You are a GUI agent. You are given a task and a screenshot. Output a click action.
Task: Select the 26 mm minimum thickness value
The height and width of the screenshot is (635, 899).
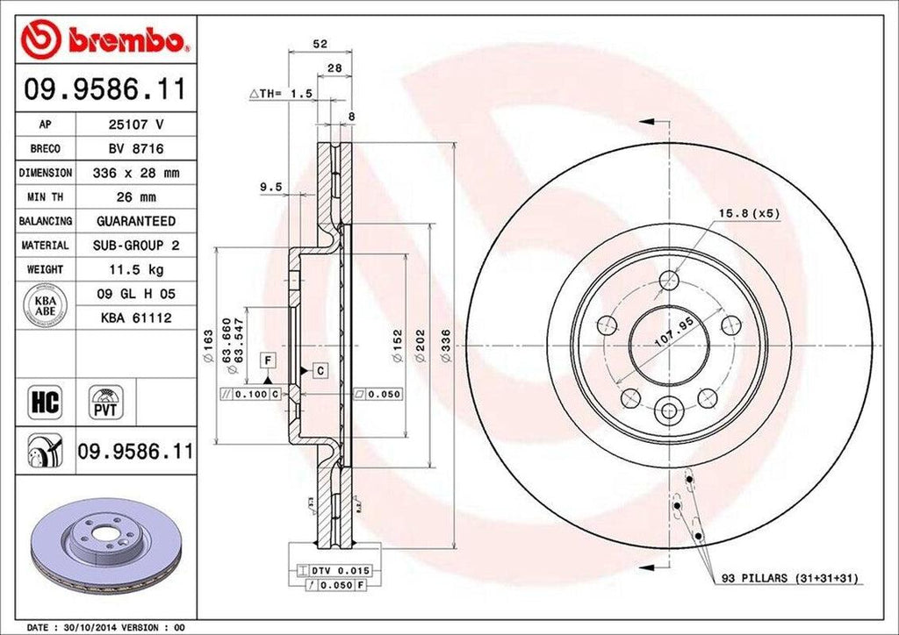tap(135, 197)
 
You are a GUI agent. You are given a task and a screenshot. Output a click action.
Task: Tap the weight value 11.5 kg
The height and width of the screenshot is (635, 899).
tap(135, 268)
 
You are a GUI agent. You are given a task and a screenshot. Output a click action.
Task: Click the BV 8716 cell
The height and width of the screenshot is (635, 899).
tap(135, 149)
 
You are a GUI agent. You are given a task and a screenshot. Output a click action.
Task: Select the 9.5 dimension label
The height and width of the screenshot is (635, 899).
tap(271, 187)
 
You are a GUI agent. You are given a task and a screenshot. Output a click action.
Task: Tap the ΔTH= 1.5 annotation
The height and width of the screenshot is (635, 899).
tap(281, 93)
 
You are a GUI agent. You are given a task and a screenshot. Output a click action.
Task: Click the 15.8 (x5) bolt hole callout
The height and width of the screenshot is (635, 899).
tap(749, 213)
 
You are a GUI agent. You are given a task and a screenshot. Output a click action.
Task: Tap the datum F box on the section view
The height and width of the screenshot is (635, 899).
tap(267, 359)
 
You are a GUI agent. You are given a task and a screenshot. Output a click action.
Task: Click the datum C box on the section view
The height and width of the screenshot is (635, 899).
tap(320, 371)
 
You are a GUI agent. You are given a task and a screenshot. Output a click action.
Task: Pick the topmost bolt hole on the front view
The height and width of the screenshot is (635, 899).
tap(669, 281)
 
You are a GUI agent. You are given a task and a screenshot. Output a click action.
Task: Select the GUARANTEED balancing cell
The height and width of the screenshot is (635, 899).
tap(135, 221)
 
